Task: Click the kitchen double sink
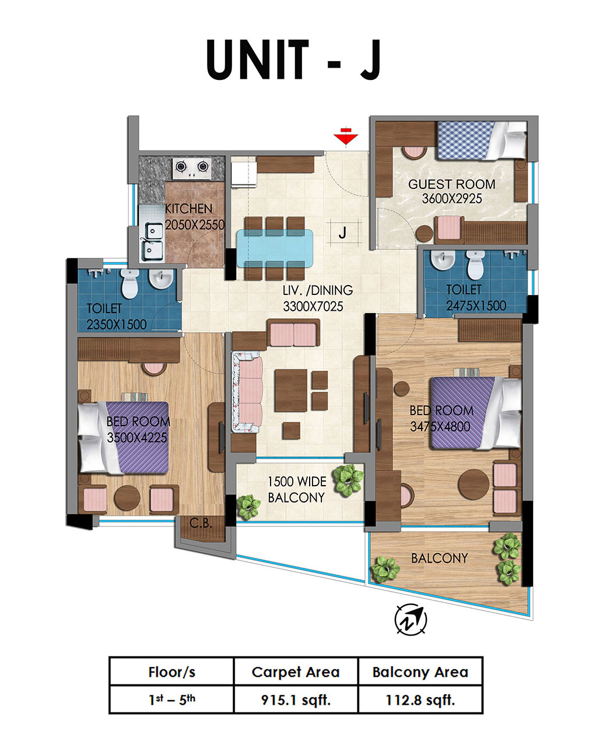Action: [x=152, y=238]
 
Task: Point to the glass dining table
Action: [x=275, y=248]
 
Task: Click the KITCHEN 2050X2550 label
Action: [x=194, y=216]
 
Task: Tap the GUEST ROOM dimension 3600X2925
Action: [x=451, y=198]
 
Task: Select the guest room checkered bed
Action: [x=482, y=140]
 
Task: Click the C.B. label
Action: [x=201, y=523]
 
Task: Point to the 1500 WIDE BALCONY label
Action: [x=297, y=489]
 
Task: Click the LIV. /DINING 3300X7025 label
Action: [x=318, y=298]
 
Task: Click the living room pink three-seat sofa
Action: [x=247, y=392]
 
